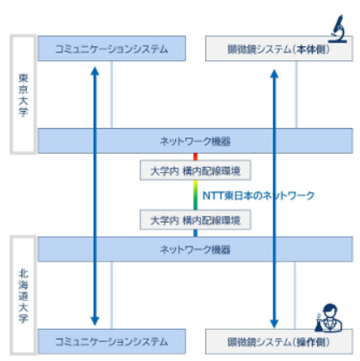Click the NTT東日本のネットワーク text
(x=259, y=196)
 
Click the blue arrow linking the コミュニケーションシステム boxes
(x=94, y=193)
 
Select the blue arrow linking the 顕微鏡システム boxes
(x=274, y=193)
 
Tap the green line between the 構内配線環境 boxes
(x=196, y=195)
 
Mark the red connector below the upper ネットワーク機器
(x=196, y=156)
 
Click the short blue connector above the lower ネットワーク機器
(x=196, y=233)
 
